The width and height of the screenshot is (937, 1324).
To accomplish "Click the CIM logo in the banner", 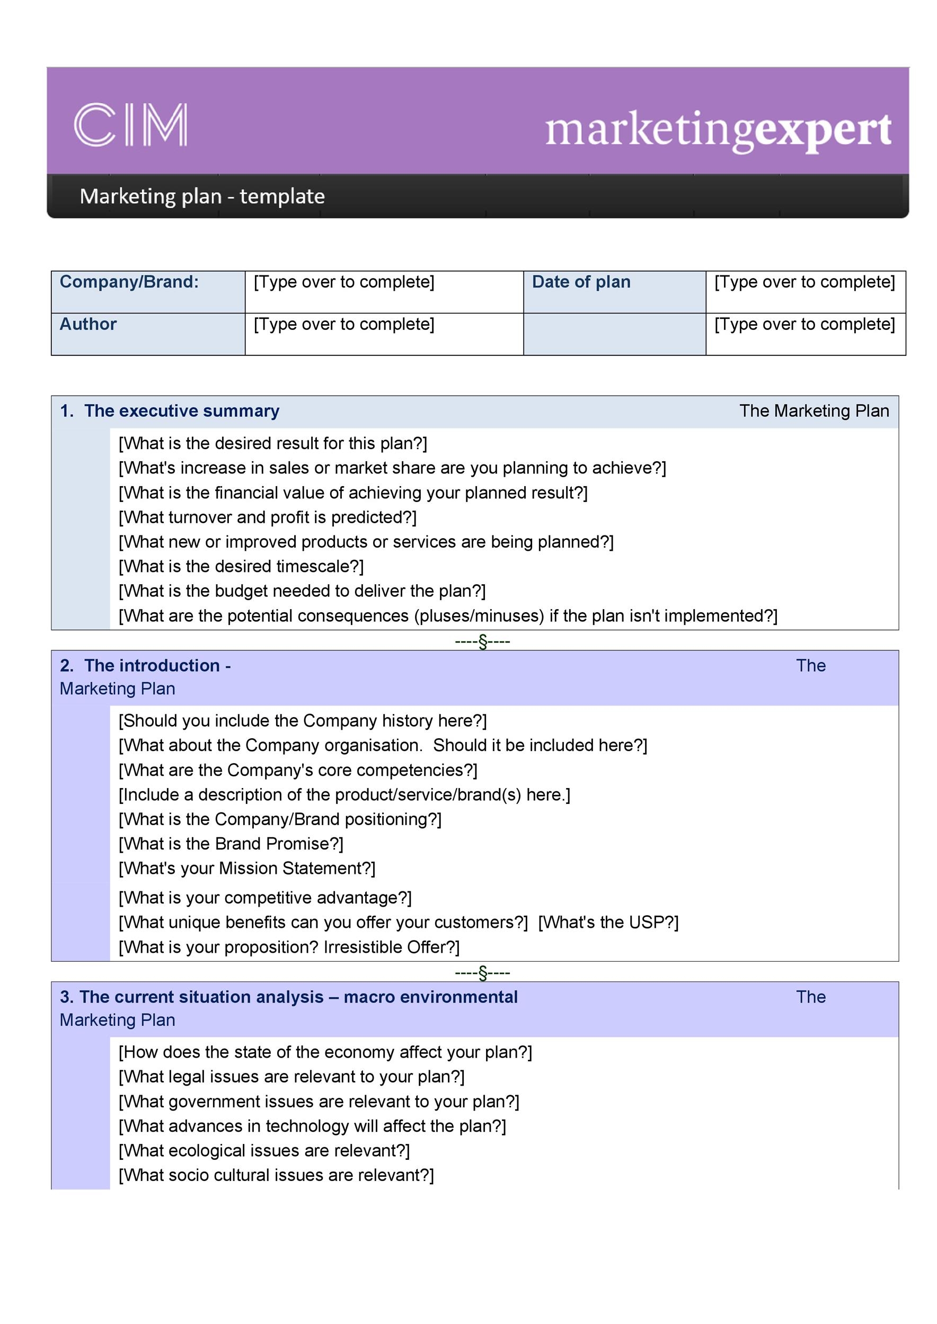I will (x=130, y=124).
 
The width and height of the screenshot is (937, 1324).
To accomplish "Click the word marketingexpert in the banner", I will (x=718, y=130).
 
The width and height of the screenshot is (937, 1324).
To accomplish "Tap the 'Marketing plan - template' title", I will (x=202, y=196).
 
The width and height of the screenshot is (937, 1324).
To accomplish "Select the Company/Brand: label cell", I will (x=148, y=292).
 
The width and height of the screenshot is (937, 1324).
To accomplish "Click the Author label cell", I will (x=148, y=334).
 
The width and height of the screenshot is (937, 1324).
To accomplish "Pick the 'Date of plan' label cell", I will (x=614, y=292).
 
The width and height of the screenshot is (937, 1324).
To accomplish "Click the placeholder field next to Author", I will (x=384, y=334).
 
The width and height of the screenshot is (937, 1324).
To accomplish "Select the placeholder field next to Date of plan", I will (x=805, y=292).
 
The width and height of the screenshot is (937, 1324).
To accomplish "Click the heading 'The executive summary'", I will (x=181, y=410).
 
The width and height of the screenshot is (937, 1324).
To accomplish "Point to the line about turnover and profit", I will (x=267, y=517).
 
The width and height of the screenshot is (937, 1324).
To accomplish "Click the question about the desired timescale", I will (x=241, y=566).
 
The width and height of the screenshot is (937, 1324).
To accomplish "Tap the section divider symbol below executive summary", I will (x=482, y=641).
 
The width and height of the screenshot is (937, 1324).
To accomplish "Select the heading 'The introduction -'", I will (x=157, y=666).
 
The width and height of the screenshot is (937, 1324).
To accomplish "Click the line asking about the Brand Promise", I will (x=231, y=844).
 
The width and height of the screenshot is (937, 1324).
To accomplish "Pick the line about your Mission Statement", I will (x=247, y=869).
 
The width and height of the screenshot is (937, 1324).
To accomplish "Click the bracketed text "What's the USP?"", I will (x=608, y=922).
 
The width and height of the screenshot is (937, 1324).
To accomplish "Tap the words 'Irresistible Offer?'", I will (x=391, y=947).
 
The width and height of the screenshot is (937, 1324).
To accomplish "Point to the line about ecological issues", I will (x=264, y=1150).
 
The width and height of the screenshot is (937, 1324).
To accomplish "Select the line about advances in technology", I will (x=312, y=1125).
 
